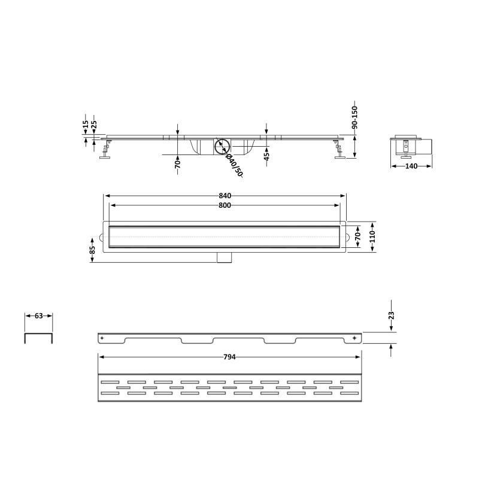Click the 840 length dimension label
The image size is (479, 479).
225,196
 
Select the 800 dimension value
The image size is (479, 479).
225,205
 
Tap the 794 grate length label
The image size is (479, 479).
229,357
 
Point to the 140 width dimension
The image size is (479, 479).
411,166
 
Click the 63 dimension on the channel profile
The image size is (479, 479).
38,316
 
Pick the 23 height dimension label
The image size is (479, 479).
392,315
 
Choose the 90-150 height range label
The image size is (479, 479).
354,117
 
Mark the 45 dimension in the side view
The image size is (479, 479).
266,156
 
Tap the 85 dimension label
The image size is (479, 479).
93,250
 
